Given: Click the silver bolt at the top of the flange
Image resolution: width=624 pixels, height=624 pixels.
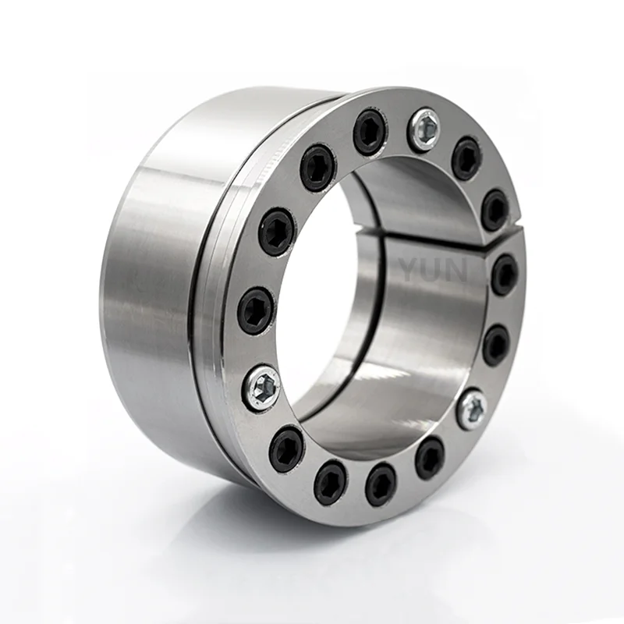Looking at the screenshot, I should (x=425, y=129).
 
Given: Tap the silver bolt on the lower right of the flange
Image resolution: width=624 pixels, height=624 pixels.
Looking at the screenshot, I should (x=473, y=409).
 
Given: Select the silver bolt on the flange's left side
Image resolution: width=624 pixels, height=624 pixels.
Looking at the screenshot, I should (x=263, y=388).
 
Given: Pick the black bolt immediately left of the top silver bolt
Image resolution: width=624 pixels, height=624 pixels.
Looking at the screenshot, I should (x=370, y=132).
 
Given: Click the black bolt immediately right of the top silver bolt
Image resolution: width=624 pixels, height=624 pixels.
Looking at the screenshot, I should (x=466, y=158).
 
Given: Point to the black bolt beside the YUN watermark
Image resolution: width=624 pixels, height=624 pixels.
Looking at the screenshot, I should (x=504, y=274).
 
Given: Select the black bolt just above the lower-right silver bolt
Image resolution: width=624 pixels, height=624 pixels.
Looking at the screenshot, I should (x=495, y=345).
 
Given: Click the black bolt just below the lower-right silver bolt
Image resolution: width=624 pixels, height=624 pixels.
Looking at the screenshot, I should (x=429, y=458).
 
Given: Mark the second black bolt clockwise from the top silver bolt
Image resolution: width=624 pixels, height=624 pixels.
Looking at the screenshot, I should (x=495, y=210).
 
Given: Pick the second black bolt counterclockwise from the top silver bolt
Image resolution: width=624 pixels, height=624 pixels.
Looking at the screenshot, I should (x=318, y=167).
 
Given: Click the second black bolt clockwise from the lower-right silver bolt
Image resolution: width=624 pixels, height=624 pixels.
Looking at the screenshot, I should (x=381, y=484).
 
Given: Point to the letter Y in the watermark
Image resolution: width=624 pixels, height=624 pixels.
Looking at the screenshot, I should (x=410, y=270).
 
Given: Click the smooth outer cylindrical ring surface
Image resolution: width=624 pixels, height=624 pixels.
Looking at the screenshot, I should (x=148, y=289).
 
